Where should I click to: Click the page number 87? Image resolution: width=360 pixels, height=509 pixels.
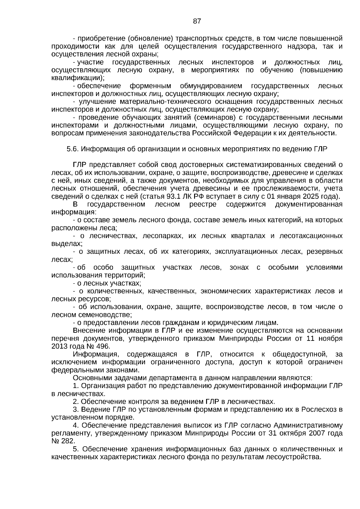[197, 21]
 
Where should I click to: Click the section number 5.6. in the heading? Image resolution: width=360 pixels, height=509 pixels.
[73, 149]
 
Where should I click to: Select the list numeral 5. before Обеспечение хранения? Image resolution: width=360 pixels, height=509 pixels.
[76, 449]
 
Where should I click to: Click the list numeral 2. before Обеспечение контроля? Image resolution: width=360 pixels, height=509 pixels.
[76, 402]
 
